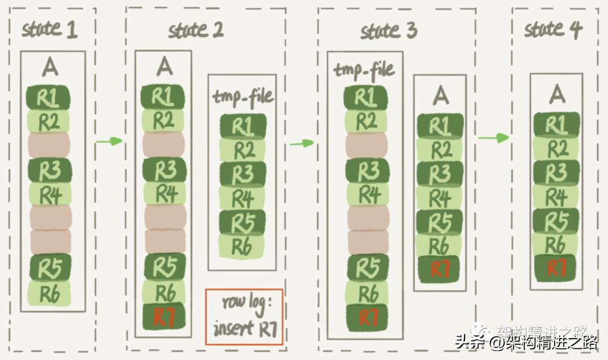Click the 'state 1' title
coord(49,29)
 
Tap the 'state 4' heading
coord(552,29)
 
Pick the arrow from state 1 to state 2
coord(109,140)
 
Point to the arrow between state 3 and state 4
coord(493,137)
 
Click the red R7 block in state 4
coord(556,268)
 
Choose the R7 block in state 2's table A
coord(164,317)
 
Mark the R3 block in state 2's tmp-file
coord(243,174)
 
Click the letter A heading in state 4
coord(556,93)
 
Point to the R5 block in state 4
coord(556,220)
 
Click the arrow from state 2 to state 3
coord(302,143)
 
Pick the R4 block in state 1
coord(49,194)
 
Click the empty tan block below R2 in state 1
coord(49,145)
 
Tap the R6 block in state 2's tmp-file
coord(243,246)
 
